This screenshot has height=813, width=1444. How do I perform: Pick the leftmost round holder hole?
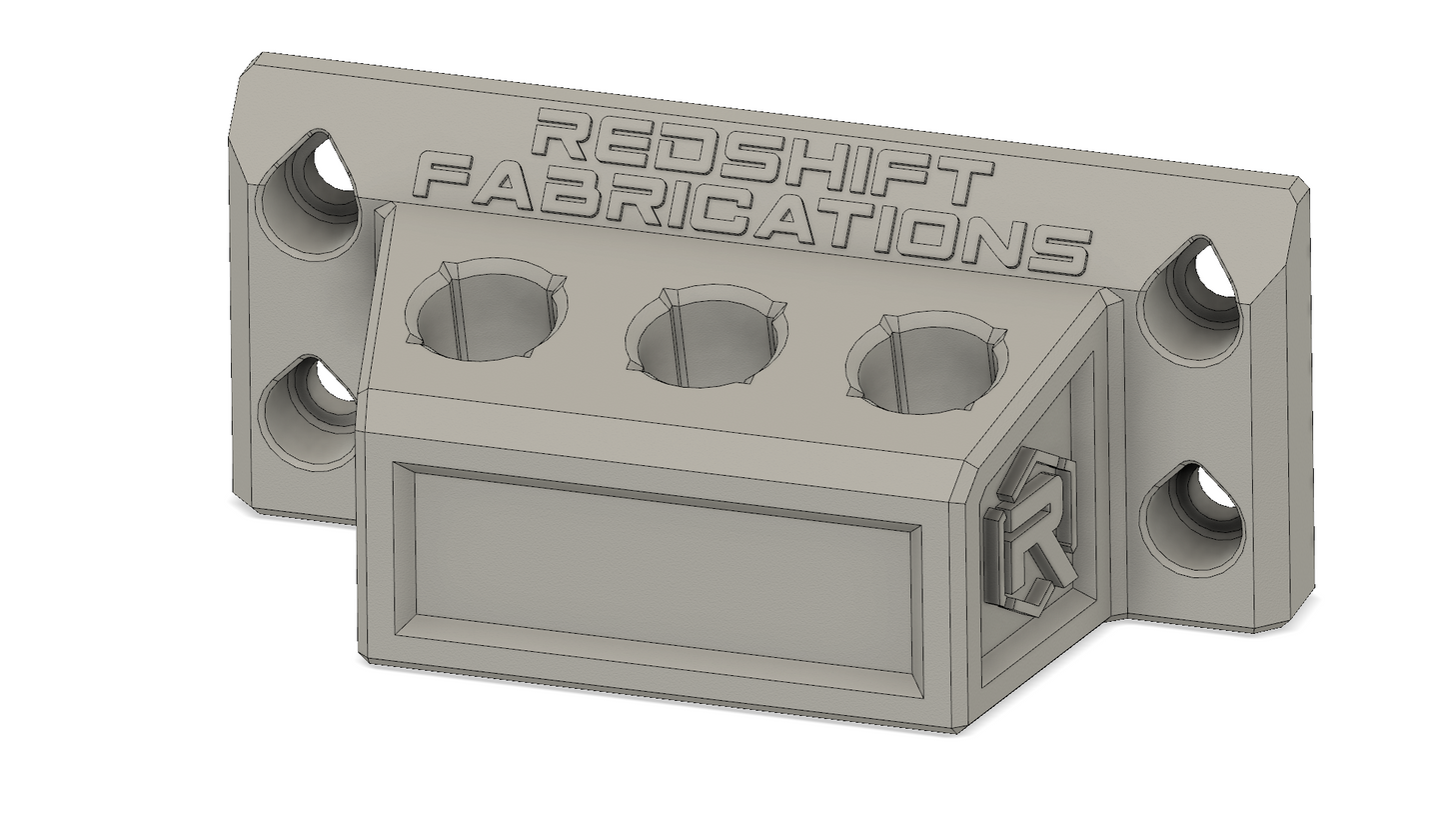tap(486, 310)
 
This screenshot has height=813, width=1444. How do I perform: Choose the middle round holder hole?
tap(707, 337)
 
